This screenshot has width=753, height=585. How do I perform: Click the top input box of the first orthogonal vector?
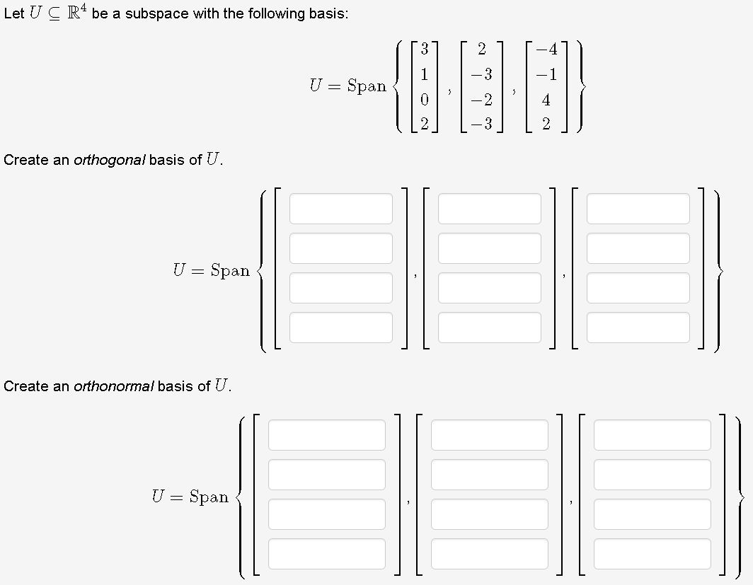tap(340, 209)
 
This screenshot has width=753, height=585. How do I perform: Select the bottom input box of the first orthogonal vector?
tap(340, 328)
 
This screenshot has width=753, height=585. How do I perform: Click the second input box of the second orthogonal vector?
tap(489, 248)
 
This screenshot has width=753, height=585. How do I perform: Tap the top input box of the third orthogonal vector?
tap(638, 209)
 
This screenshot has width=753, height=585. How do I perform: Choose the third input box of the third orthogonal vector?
tap(638, 288)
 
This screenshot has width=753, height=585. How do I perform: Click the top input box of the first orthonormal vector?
tap(326, 435)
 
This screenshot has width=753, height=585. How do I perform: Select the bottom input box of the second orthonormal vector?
tap(489, 554)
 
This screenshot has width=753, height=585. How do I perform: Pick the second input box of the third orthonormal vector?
tap(652, 475)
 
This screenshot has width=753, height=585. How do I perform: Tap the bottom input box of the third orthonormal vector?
tap(652, 554)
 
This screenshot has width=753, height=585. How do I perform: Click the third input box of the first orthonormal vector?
tap(326, 514)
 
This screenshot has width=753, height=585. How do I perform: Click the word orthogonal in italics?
tap(110, 160)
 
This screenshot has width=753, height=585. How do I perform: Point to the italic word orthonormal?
tap(113, 386)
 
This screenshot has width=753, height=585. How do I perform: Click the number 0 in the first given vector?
tap(423, 100)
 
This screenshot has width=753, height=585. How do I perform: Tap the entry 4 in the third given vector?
tap(546, 100)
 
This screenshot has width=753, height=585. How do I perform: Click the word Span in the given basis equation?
tap(367, 86)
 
